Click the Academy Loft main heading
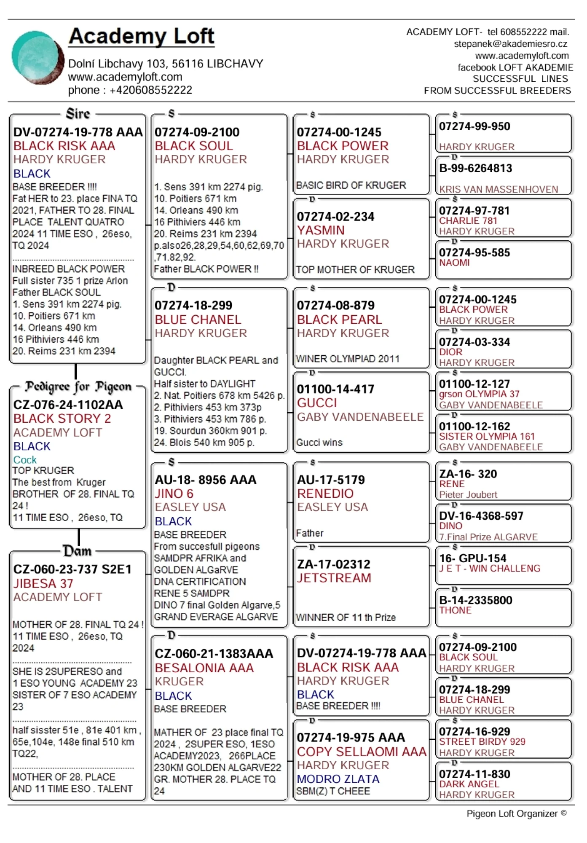[142, 36]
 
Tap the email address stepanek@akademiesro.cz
[510, 44]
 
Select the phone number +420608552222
[151, 90]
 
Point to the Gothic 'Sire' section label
[78, 114]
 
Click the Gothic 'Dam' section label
[77, 551]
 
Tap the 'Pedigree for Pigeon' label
[78, 387]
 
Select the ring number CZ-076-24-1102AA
[68, 405]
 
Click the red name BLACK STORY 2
[62, 419]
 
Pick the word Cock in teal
[25, 459]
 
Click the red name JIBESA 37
[43, 583]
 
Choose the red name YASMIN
[321, 230]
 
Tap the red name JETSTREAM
[334, 578]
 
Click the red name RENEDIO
[325, 493]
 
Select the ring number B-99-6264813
[475, 168]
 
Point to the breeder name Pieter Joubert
[468, 494]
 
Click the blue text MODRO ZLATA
[338, 779]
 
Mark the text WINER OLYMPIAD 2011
[348, 359]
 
